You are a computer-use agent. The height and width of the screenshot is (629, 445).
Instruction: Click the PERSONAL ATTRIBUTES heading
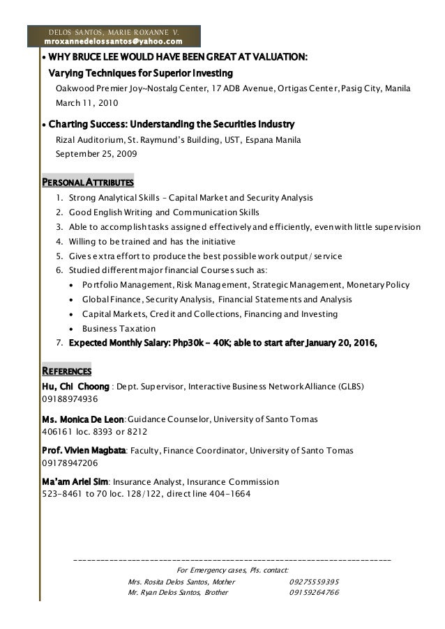click(88, 183)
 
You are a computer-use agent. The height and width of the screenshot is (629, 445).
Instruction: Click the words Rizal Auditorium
click(86, 140)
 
